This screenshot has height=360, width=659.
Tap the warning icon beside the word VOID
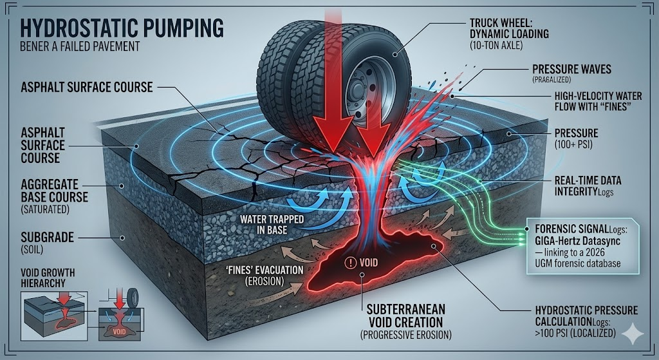pos(350,262)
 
